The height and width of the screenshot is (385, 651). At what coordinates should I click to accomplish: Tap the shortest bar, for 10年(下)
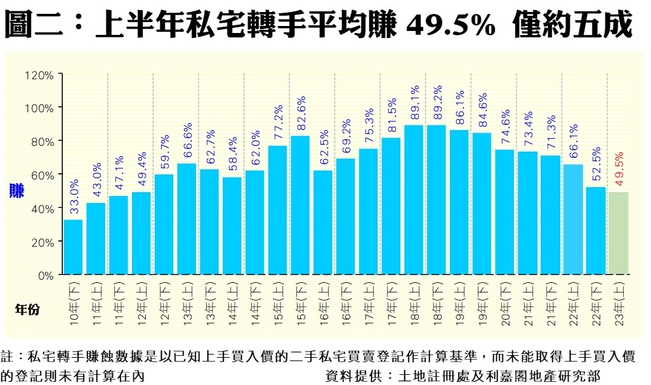[73, 247]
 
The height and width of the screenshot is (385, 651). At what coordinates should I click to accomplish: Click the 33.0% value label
[74, 197]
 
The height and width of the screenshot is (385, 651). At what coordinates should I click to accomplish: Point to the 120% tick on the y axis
[39, 75]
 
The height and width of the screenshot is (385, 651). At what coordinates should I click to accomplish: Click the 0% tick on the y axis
[45, 276]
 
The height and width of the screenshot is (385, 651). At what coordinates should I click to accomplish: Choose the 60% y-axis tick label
[42, 174]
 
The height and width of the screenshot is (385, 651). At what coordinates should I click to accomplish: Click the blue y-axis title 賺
[17, 191]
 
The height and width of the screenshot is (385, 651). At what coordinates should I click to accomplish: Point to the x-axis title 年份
[27, 309]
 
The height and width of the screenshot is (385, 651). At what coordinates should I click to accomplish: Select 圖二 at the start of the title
[36, 27]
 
